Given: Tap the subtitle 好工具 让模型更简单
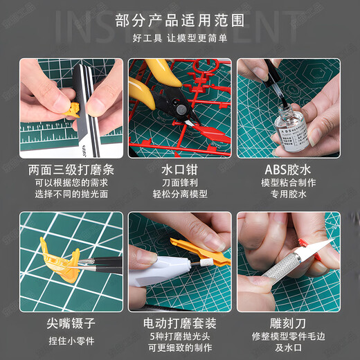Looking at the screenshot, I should tap(180, 39).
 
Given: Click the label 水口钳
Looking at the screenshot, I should tap(180, 169).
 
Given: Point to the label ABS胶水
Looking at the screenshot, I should tap(288, 169).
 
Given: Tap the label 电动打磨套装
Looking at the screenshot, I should tap(180, 323).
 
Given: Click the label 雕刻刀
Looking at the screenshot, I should tap(288, 323).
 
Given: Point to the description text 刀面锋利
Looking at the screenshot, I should tap(180, 183).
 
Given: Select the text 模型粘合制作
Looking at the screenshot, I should tap(288, 183).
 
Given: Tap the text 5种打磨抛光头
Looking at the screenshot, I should tap(180, 337).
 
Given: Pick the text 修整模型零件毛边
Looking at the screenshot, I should tap(288, 337).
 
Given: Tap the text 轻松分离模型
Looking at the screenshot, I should tap(180, 195).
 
